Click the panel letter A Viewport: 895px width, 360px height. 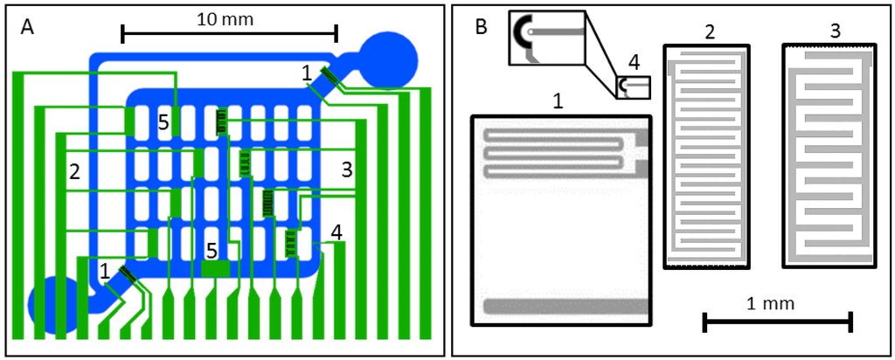[27, 27]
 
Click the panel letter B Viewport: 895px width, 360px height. [481, 27]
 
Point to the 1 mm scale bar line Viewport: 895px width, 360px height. [777, 323]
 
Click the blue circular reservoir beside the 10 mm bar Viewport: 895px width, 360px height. [390, 59]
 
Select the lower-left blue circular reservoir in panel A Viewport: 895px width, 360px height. [54, 306]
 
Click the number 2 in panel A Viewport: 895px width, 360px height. [75, 170]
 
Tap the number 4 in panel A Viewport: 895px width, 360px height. [336, 232]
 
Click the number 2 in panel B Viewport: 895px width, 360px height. [709, 32]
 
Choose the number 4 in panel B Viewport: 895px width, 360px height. [634, 62]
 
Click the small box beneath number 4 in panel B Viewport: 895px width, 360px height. [633, 87]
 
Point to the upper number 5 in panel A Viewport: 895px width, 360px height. [163, 122]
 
